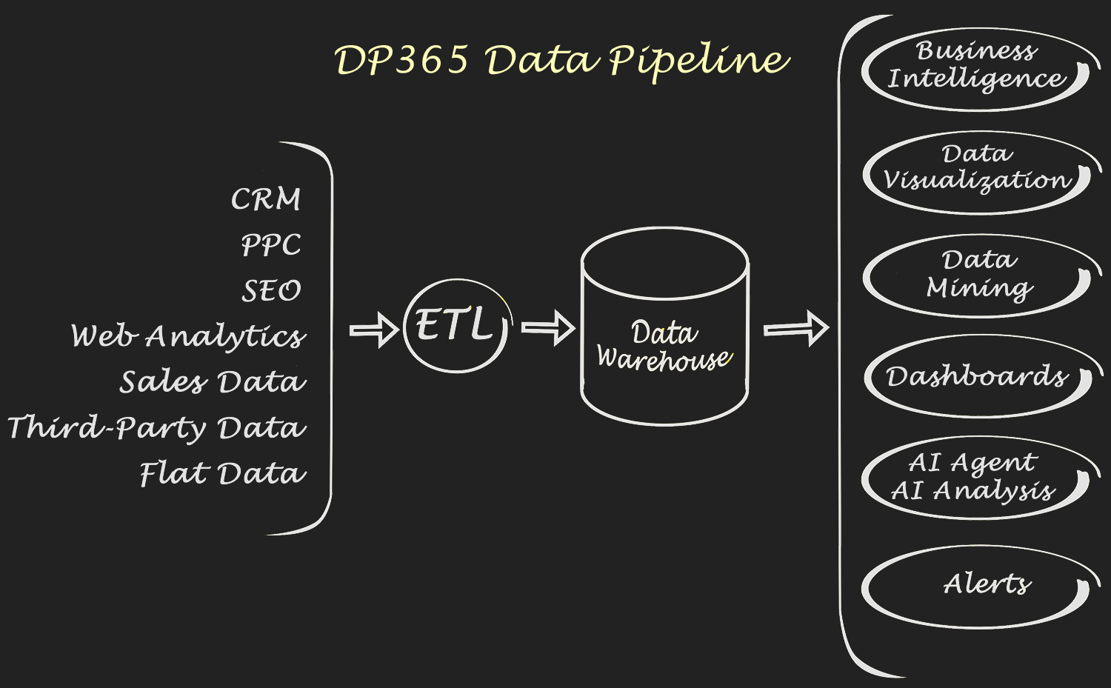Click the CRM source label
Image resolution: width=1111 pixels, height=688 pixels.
[266, 199]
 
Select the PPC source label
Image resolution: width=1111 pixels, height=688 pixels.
[271, 245]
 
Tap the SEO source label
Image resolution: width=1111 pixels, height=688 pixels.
[272, 290]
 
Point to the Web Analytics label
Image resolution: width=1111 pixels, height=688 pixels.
[188, 336]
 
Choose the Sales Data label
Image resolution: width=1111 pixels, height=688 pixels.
[213, 382]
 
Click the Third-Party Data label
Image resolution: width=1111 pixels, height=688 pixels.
[157, 428]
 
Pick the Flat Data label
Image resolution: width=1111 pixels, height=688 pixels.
[223, 474]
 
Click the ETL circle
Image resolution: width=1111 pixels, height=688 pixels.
[456, 326]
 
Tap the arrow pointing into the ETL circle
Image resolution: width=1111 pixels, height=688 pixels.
[374, 330]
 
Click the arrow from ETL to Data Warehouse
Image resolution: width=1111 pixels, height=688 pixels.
[548, 328]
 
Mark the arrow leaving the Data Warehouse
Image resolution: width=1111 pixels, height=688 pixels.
[796, 329]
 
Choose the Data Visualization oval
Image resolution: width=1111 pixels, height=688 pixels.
[978, 173]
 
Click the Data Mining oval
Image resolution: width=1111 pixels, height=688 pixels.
[978, 276]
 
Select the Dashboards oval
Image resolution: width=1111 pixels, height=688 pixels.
[978, 376]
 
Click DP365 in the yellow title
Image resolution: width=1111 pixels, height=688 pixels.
[401, 59]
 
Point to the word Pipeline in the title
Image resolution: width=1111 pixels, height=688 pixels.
[698, 59]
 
